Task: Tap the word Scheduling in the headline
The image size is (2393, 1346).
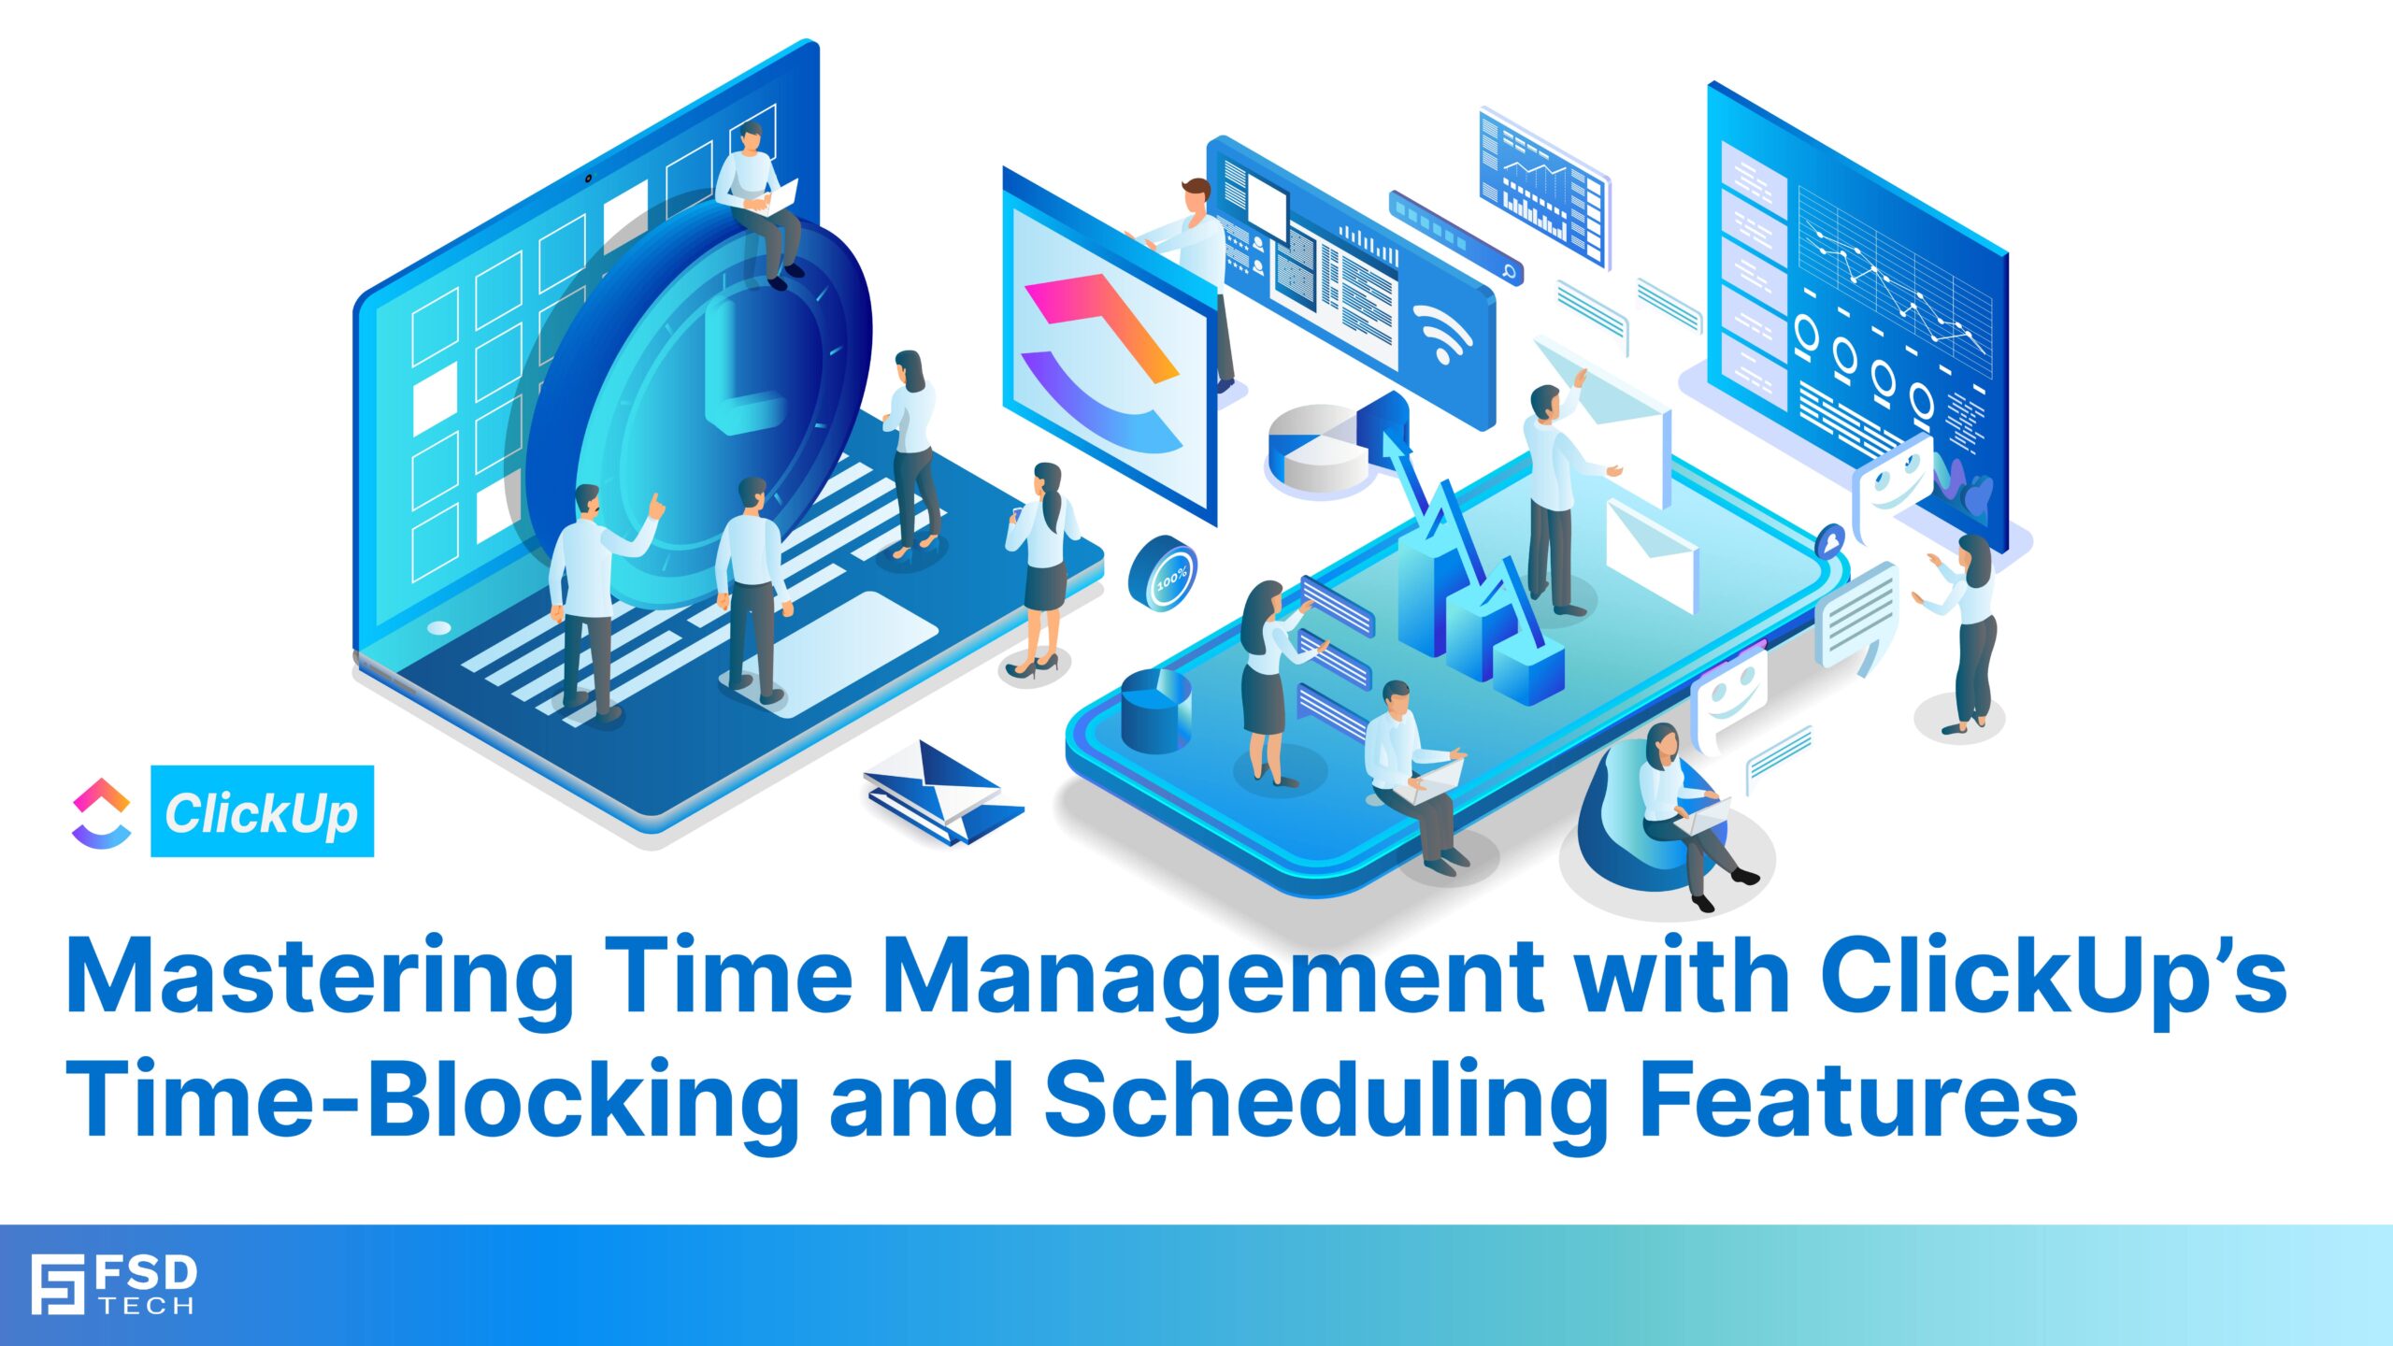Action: point(1324,1099)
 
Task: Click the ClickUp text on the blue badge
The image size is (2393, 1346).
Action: point(262,812)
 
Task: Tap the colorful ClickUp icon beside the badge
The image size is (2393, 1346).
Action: point(101,812)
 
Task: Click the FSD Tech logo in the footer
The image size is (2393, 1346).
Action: point(113,1284)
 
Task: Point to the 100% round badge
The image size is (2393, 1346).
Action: point(1163,573)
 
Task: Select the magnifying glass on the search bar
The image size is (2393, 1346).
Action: point(1508,271)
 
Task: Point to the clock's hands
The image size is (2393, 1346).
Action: point(738,374)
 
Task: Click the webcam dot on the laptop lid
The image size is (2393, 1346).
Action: point(588,178)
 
